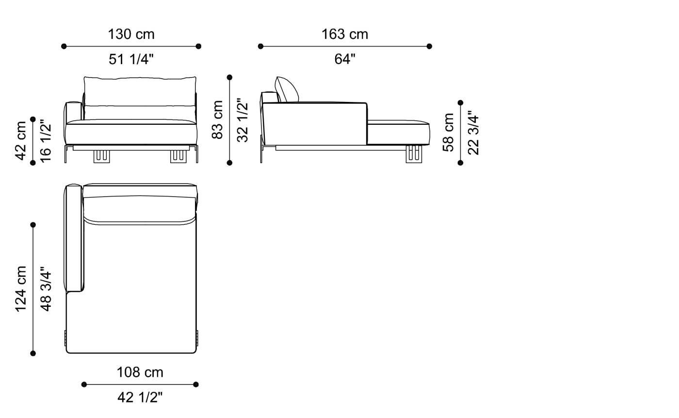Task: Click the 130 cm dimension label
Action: coord(131,34)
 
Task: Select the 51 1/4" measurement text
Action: coord(131,59)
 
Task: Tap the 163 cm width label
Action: coord(345,34)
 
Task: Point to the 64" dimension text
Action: coord(345,59)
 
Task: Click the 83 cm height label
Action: coord(218,119)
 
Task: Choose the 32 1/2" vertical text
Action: coord(242,119)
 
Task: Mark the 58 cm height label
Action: coord(449,132)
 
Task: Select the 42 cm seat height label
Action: coord(21,141)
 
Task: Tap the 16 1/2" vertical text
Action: coord(45,141)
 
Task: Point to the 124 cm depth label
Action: coord(21,289)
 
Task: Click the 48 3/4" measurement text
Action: coord(45,289)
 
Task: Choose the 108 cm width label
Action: coord(140,372)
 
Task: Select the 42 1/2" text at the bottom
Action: coord(140,398)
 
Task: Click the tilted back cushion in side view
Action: coord(287,89)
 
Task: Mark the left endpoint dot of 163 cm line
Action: coord(260,47)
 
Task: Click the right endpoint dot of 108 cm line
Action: coord(196,385)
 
